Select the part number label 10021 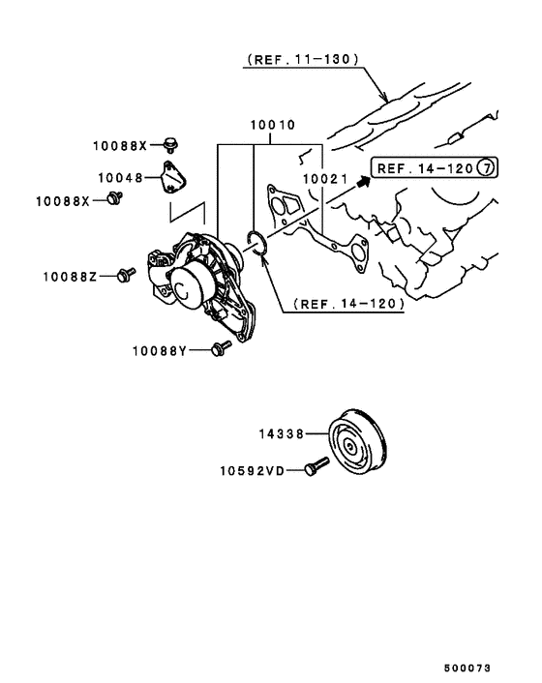point(323,179)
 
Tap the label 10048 point(119,178)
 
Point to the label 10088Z point(69,277)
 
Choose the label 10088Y point(158,349)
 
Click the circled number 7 point(488,168)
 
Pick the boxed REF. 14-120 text point(424,168)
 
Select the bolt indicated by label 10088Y point(220,347)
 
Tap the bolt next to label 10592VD point(316,468)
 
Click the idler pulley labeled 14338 point(359,448)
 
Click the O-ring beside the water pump point(258,244)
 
